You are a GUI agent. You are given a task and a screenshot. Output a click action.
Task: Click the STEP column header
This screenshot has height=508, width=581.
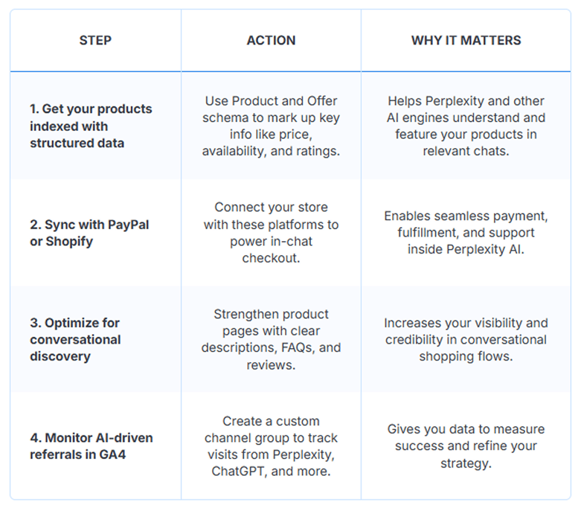click(x=95, y=40)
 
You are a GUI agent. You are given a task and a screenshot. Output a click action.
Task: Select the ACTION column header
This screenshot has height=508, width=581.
click(x=271, y=40)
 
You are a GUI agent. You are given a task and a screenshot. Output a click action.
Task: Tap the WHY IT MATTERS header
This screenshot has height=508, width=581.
click(x=466, y=40)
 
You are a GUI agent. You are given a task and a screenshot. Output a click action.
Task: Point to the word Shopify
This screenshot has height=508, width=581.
click(x=69, y=242)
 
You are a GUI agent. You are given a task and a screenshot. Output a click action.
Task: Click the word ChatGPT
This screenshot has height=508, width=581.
click(x=238, y=471)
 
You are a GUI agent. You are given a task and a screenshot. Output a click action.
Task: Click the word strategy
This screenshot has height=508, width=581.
click(x=466, y=464)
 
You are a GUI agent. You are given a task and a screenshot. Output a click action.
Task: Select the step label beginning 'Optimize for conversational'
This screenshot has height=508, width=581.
click(x=75, y=340)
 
